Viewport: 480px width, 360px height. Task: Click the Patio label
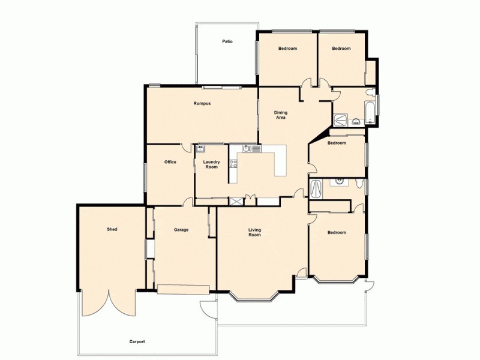click(227, 42)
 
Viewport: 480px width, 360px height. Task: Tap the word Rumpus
click(202, 103)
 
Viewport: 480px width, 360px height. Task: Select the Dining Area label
click(280, 115)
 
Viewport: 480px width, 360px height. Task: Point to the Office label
click(170, 162)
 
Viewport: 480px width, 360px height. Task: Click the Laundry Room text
click(211, 164)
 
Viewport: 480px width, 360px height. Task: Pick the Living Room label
click(254, 232)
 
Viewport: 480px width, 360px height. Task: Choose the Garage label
click(181, 230)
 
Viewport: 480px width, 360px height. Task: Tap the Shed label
click(112, 229)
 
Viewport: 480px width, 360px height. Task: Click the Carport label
click(137, 341)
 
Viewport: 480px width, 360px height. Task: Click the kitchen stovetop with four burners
click(233, 163)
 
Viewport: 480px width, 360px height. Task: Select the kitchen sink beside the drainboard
click(246, 148)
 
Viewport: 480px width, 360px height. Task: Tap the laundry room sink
click(200, 148)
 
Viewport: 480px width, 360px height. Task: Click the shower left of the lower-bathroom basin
click(316, 190)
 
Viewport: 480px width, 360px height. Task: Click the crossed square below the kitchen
click(236, 202)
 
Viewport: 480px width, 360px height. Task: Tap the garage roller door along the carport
click(183, 290)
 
